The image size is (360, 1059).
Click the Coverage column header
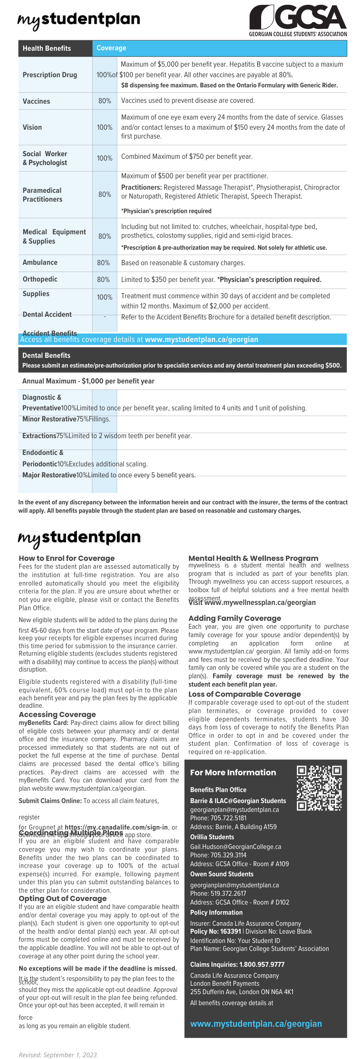click(111, 48)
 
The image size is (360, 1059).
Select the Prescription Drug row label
click(50, 75)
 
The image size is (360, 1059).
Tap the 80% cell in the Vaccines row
click(105, 101)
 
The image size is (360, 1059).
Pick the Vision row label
click(32, 128)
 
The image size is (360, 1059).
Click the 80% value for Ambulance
click(103, 263)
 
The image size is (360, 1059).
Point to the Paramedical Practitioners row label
click(42, 195)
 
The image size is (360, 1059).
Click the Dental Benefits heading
click(46, 356)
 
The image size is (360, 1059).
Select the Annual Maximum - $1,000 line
click(88, 381)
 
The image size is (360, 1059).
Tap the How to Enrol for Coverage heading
click(67, 558)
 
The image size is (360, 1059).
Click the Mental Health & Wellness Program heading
click(253, 558)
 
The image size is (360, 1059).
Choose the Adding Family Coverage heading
click(235, 618)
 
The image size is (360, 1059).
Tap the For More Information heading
click(233, 773)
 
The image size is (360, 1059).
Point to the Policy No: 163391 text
click(216, 931)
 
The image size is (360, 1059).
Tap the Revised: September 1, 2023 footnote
click(58, 1055)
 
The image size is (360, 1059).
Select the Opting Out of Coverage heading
click(63, 898)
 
